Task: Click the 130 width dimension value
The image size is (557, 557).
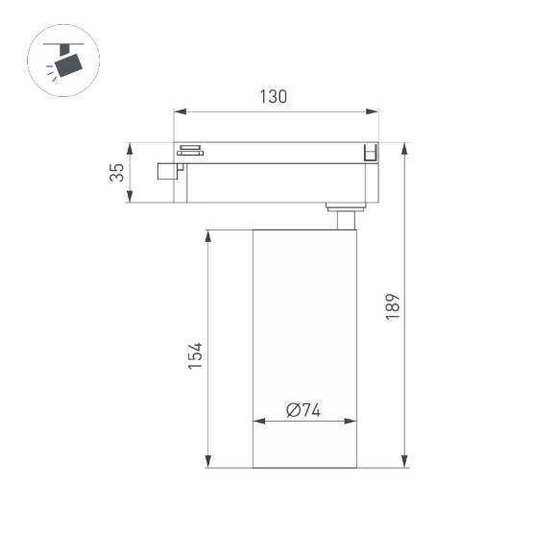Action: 274,96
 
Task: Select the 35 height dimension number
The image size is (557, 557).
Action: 116,173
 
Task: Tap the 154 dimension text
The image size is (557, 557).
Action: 195,357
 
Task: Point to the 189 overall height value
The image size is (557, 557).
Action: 392,306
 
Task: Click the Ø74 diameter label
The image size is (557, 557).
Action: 303,410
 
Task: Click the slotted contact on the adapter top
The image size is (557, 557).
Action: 189,150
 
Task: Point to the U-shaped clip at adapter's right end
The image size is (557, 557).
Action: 369,152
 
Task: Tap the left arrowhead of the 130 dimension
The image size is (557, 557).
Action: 177,111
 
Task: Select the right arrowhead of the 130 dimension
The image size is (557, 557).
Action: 375,111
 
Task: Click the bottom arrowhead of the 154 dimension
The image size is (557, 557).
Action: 207,465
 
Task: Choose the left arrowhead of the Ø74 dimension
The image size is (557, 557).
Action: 256,422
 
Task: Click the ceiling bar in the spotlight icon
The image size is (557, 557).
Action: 65,44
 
